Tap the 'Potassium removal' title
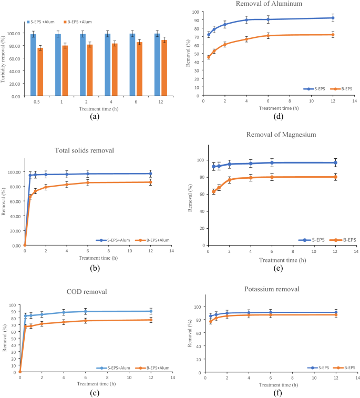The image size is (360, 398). click(272, 289)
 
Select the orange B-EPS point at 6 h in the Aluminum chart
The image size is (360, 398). click(268, 36)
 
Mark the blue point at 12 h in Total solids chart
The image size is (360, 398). click(150, 174)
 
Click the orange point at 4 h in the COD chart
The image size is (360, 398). click(64, 322)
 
